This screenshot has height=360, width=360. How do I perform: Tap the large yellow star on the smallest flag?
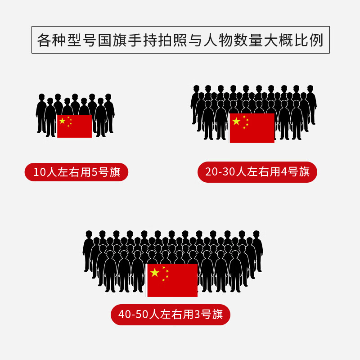click(62, 121)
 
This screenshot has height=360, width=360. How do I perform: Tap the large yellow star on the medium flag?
click(236, 121)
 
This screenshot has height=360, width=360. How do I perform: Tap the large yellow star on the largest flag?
click(155, 272)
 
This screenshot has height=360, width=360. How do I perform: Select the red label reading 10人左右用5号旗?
click(76, 172)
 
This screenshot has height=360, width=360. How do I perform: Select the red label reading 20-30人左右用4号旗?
click(257, 171)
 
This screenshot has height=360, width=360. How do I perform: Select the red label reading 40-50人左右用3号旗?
click(171, 314)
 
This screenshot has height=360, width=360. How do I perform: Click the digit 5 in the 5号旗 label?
click(95, 172)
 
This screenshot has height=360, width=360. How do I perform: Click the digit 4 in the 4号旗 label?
click(284, 171)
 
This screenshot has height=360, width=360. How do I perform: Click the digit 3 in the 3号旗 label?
click(197, 314)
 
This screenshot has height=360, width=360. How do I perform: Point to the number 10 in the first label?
click(40, 172)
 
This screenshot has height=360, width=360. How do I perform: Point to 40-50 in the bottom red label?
click(134, 314)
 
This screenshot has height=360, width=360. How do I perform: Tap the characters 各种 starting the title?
click(52, 40)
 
